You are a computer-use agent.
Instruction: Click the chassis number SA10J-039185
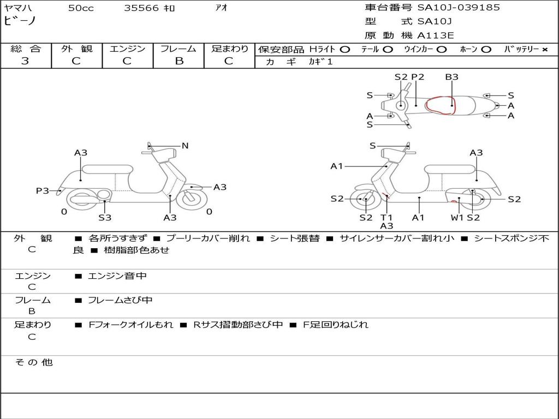[459, 8]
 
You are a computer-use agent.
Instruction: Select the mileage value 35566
[141, 8]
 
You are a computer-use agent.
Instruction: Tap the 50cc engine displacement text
[81, 8]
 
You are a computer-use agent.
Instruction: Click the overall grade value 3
[25, 61]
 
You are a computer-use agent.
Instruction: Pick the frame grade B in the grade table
[179, 61]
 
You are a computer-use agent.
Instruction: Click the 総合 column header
[25, 49]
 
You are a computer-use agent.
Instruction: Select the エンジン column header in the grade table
[127, 49]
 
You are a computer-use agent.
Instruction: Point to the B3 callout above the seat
[451, 77]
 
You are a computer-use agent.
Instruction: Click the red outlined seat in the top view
[441, 105]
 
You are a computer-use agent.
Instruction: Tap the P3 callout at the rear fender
[42, 190]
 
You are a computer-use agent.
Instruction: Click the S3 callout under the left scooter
[105, 218]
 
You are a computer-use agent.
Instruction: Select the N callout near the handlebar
[185, 146]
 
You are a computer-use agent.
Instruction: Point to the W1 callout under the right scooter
[457, 218]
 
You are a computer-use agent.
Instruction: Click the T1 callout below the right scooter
[386, 218]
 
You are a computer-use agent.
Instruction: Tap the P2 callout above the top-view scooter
[418, 77]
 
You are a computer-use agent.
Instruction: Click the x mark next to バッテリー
[544, 50]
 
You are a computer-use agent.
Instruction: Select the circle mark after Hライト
[345, 50]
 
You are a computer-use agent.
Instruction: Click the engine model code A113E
[435, 35]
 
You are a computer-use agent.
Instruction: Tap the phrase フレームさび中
[120, 300]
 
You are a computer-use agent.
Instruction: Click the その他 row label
[33, 362]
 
